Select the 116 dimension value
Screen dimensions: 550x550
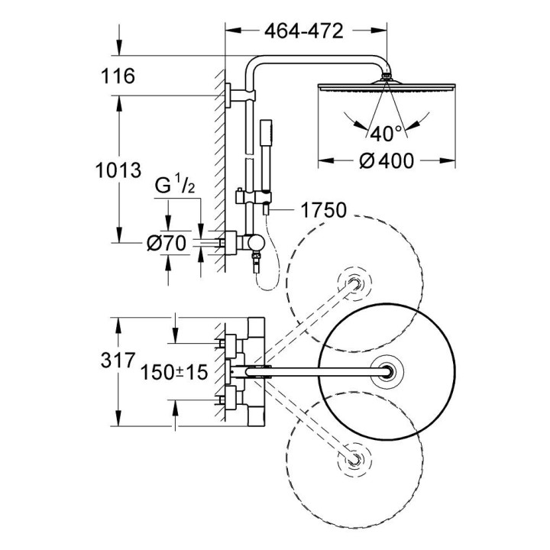pos(117,76)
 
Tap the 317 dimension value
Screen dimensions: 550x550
pos(117,359)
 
